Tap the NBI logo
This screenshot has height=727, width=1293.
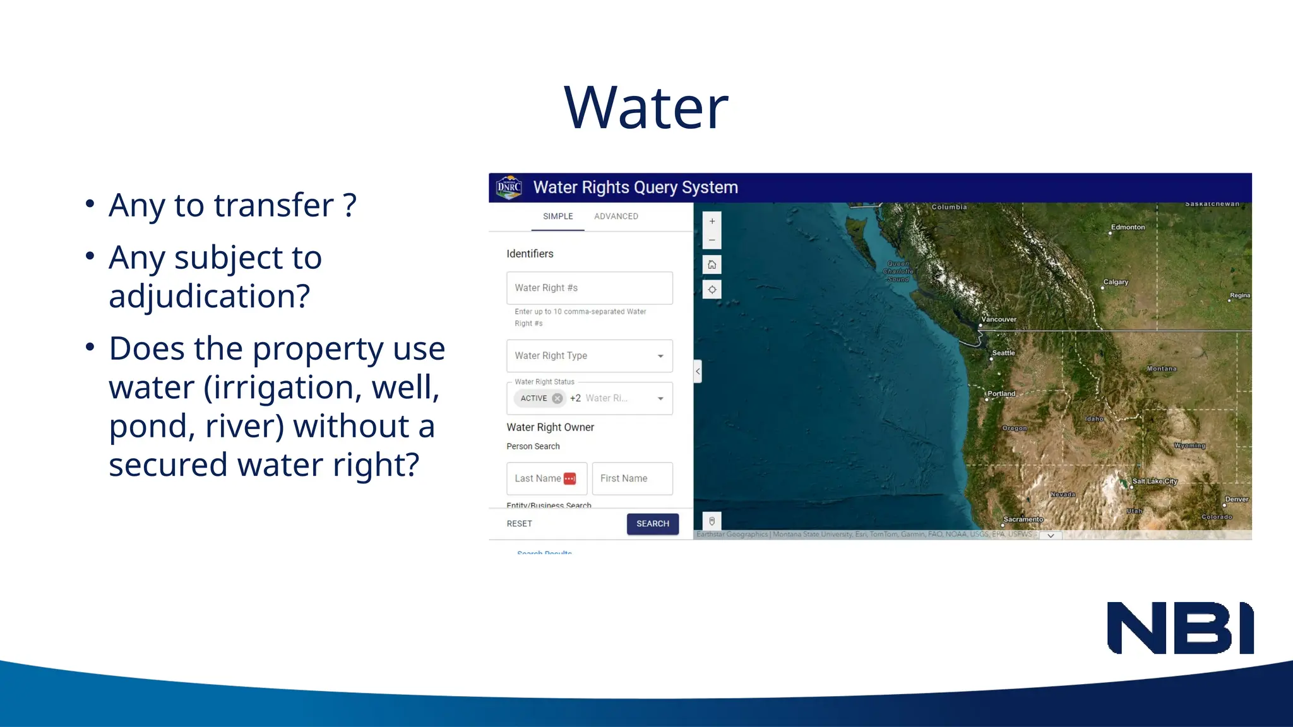(1180, 628)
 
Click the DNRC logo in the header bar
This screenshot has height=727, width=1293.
(509, 187)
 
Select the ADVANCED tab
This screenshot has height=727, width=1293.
(616, 216)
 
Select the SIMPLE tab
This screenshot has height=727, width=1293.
(558, 216)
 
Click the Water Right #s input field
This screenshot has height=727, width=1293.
(589, 288)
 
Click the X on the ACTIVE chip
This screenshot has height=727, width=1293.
(557, 398)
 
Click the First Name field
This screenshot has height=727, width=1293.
(632, 478)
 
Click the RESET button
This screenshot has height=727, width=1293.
(519, 524)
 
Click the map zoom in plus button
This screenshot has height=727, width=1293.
(712, 222)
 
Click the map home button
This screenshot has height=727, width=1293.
(712, 264)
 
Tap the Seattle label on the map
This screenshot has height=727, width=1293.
(1003, 353)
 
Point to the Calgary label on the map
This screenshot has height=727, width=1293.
(1116, 282)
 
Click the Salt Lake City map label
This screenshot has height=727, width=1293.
(1154, 481)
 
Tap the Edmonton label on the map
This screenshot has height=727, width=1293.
(1128, 227)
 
